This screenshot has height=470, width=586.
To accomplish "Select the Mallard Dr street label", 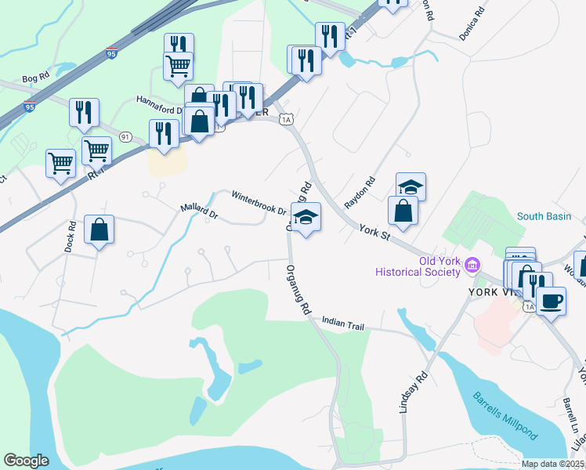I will (x=198, y=211).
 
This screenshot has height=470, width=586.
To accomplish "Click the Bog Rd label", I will (x=36, y=78).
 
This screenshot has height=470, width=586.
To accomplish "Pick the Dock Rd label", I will (x=71, y=236).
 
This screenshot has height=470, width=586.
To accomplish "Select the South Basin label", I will (x=544, y=216).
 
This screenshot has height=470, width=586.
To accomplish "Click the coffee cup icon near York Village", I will (x=551, y=300).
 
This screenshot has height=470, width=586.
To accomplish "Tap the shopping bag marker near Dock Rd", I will (x=99, y=230).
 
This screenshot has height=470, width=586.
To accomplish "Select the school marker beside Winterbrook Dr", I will (x=306, y=217).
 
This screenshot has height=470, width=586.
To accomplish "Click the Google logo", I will (x=26, y=460).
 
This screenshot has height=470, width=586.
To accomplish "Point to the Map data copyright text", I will (x=552, y=464).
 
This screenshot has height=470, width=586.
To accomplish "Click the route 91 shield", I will (x=125, y=136).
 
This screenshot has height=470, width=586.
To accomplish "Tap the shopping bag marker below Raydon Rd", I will (x=403, y=211).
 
